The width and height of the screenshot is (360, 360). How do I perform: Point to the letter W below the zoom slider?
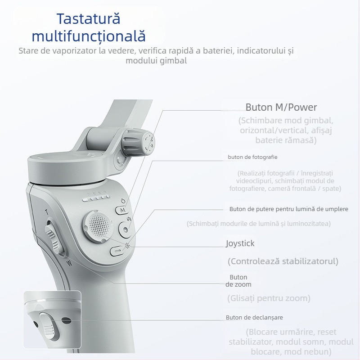point(68,263)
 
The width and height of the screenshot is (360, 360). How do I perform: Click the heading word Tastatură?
point(89,19)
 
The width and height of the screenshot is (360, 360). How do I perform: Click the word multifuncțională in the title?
point(89,36)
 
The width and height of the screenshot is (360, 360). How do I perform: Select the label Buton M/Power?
point(281,108)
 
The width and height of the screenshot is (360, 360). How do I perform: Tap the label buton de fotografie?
point(252,157)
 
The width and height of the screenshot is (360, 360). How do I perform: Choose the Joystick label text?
point(240,243)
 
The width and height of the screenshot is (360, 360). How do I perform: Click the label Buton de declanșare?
point(254,317)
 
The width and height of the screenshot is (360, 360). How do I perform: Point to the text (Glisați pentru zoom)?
point(269,298)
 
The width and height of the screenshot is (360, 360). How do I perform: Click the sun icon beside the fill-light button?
point(128,246)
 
